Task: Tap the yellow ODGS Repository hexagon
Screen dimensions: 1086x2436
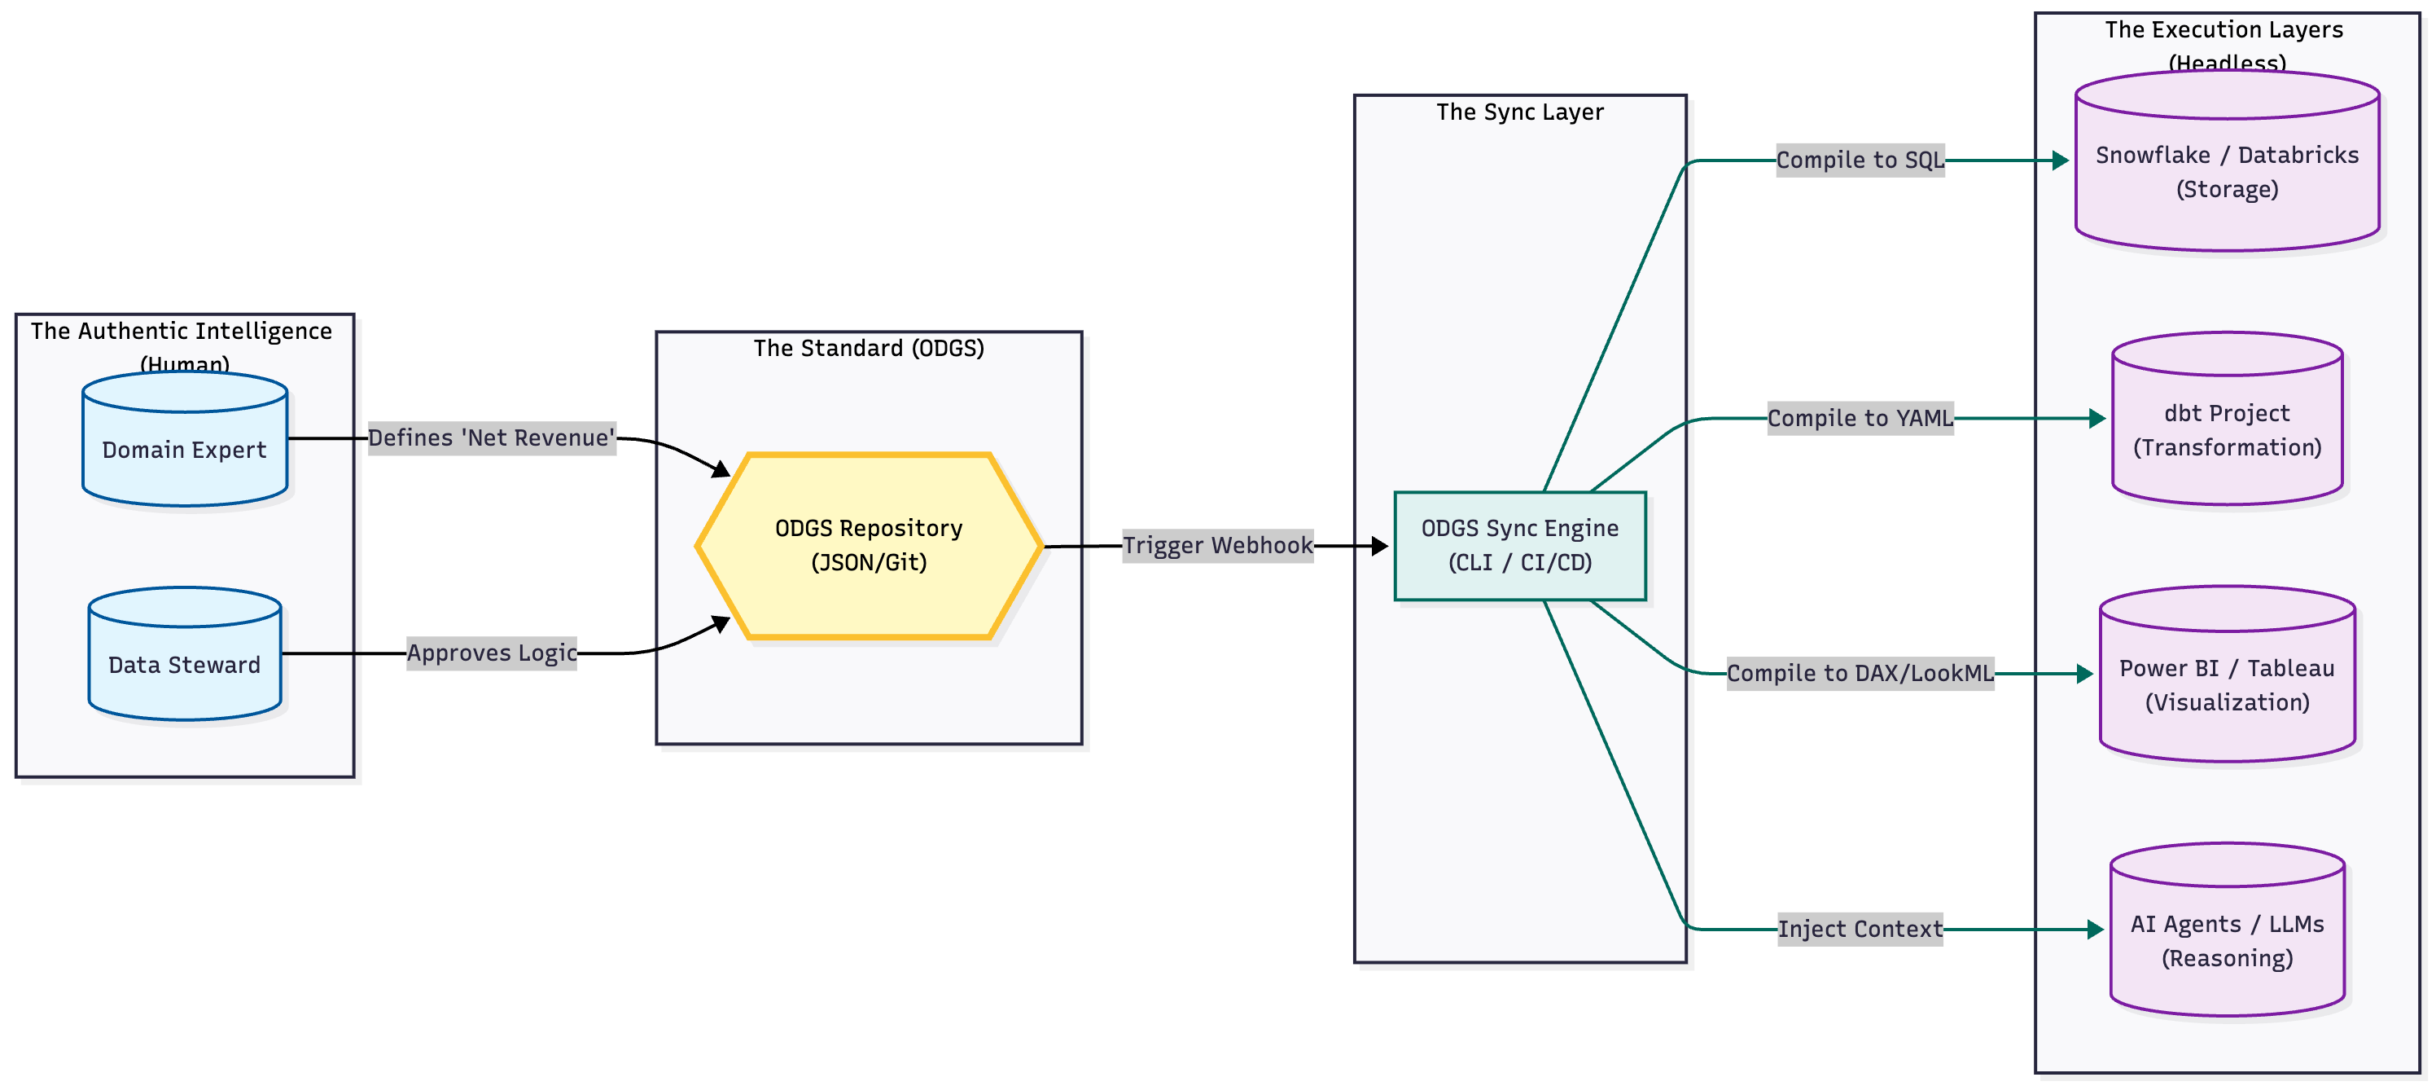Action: (x=868, y=546)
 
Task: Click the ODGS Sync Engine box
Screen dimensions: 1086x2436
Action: (x=1520, y=546)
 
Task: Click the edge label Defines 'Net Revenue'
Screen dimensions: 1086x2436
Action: (x=492, y=438)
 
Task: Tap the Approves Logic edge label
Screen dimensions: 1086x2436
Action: (x=492, y=653)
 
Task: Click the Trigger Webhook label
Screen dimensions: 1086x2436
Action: (x=1217, y=546)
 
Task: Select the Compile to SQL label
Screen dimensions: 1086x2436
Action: (x=1859, y=160)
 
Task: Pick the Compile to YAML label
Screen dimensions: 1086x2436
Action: (x=1859, y=418)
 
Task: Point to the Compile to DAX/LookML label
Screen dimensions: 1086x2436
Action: (x=1859, y=674)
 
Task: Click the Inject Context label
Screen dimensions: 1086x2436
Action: (x=1859, y=929)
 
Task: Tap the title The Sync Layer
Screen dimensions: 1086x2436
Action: (x=1520, y=112)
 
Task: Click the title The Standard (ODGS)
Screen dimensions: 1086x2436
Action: (x=868, y=348)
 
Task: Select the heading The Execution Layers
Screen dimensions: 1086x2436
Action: (x=2224, y=29)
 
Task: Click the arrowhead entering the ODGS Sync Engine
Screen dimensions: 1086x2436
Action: (x=1380, y=546)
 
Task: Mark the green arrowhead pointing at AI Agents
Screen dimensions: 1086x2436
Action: (x=2095, y=930)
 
